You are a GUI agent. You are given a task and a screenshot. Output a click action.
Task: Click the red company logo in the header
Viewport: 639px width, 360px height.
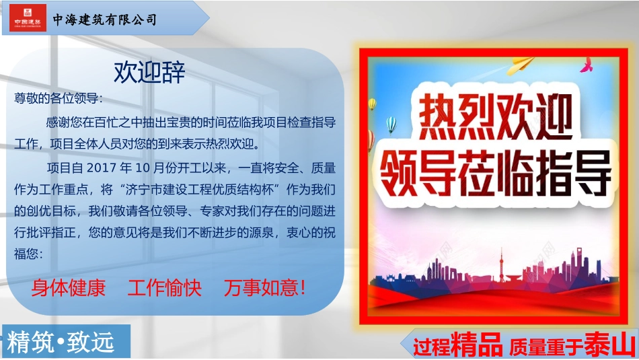pos(28,18)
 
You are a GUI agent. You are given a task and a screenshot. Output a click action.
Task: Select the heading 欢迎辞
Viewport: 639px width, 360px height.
pos(149,72)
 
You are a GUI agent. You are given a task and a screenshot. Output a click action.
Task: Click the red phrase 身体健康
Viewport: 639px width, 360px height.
pos(68,289)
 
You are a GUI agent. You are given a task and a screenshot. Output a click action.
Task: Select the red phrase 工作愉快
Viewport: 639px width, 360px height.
pos(164,289)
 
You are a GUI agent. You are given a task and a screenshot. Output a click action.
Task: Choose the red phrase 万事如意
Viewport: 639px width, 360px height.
pos(264,289)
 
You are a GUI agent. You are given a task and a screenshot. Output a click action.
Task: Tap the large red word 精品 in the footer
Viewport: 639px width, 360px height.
pos(478,345)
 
